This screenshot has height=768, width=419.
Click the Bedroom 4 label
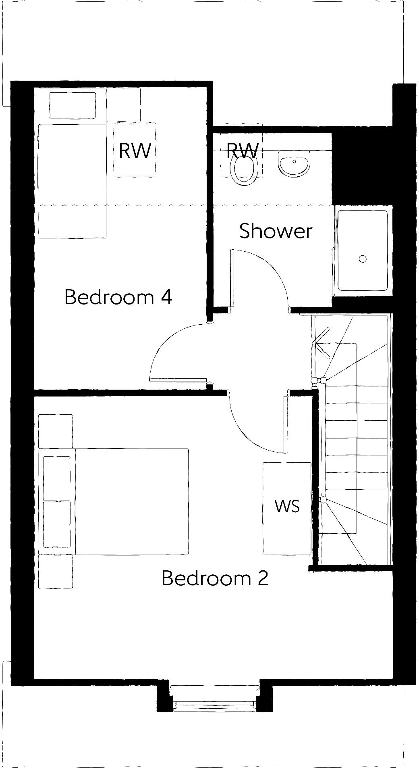118,297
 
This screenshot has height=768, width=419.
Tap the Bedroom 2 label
215,578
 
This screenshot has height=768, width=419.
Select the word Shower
276,231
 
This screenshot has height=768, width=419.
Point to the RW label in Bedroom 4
135,151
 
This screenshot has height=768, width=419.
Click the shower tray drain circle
363,259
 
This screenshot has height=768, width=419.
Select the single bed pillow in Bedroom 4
73,106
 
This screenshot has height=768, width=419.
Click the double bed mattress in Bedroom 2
131,501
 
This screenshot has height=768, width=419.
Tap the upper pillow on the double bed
57,478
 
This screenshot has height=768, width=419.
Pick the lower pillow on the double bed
57,524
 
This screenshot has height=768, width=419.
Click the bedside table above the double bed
56,431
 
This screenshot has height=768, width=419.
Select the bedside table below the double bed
56,572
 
